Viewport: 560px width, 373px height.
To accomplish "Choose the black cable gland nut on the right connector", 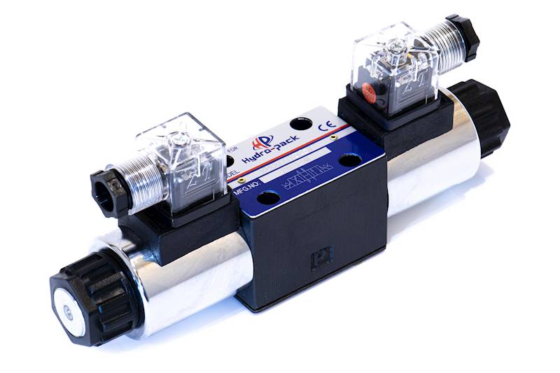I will [463, 36].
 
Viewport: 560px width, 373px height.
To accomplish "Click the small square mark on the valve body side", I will [321, 256].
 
